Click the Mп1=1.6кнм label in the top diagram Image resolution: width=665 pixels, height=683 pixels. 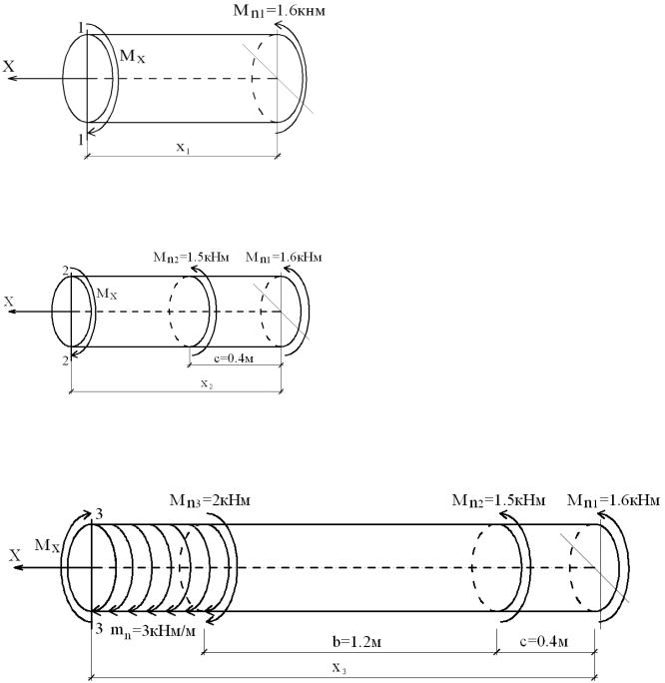[280, 10]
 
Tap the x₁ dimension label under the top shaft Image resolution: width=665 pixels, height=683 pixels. [183, 148]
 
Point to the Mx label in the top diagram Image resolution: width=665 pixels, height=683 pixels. [133, 57]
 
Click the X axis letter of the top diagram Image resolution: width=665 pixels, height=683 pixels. [9, 67]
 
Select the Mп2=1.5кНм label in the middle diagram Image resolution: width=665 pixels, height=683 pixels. [191, 257]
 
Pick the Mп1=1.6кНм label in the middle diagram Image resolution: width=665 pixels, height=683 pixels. [284, 257]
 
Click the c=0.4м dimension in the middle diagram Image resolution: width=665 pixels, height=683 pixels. [234, 358]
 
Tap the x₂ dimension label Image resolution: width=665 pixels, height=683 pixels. [207, 383]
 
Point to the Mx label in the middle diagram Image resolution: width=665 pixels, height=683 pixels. [107, 294]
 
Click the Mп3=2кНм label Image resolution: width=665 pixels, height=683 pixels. [210, 500]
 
